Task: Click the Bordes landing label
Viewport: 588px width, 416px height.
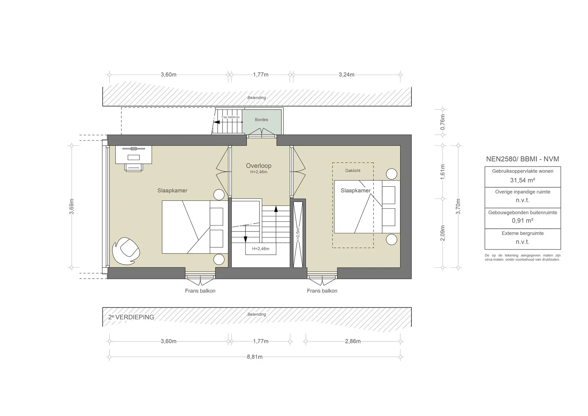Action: [x=261, y=120]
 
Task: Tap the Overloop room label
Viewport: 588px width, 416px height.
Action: [x=258, y=166]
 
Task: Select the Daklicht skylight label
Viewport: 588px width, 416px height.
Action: [x=353, y=171]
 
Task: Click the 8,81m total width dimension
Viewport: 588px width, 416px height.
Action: [x=255, y=357]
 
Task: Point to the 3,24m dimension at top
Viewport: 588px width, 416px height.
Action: [x=346, y=75]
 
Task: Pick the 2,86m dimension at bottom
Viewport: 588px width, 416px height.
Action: [x=353, y=341]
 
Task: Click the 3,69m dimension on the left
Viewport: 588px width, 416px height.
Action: [x=72, y=206]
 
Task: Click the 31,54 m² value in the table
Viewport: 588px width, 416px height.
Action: [x=522, y=180]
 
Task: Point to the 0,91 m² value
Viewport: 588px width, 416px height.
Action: [x=522, y=221]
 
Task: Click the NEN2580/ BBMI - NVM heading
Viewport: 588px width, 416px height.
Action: [x=522, y=159]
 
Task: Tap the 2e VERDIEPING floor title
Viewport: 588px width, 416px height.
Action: [x=131, y=317]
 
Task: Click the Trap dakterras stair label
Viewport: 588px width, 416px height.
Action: [x=230, y=117]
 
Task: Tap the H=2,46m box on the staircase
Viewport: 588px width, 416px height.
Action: [x=261, y=249]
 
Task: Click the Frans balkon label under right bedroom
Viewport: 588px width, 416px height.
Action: [x=322, y=291]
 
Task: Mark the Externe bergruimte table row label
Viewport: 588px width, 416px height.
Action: [x=522, y=233]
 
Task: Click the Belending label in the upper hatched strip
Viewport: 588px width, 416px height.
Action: [x=257, y=98]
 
